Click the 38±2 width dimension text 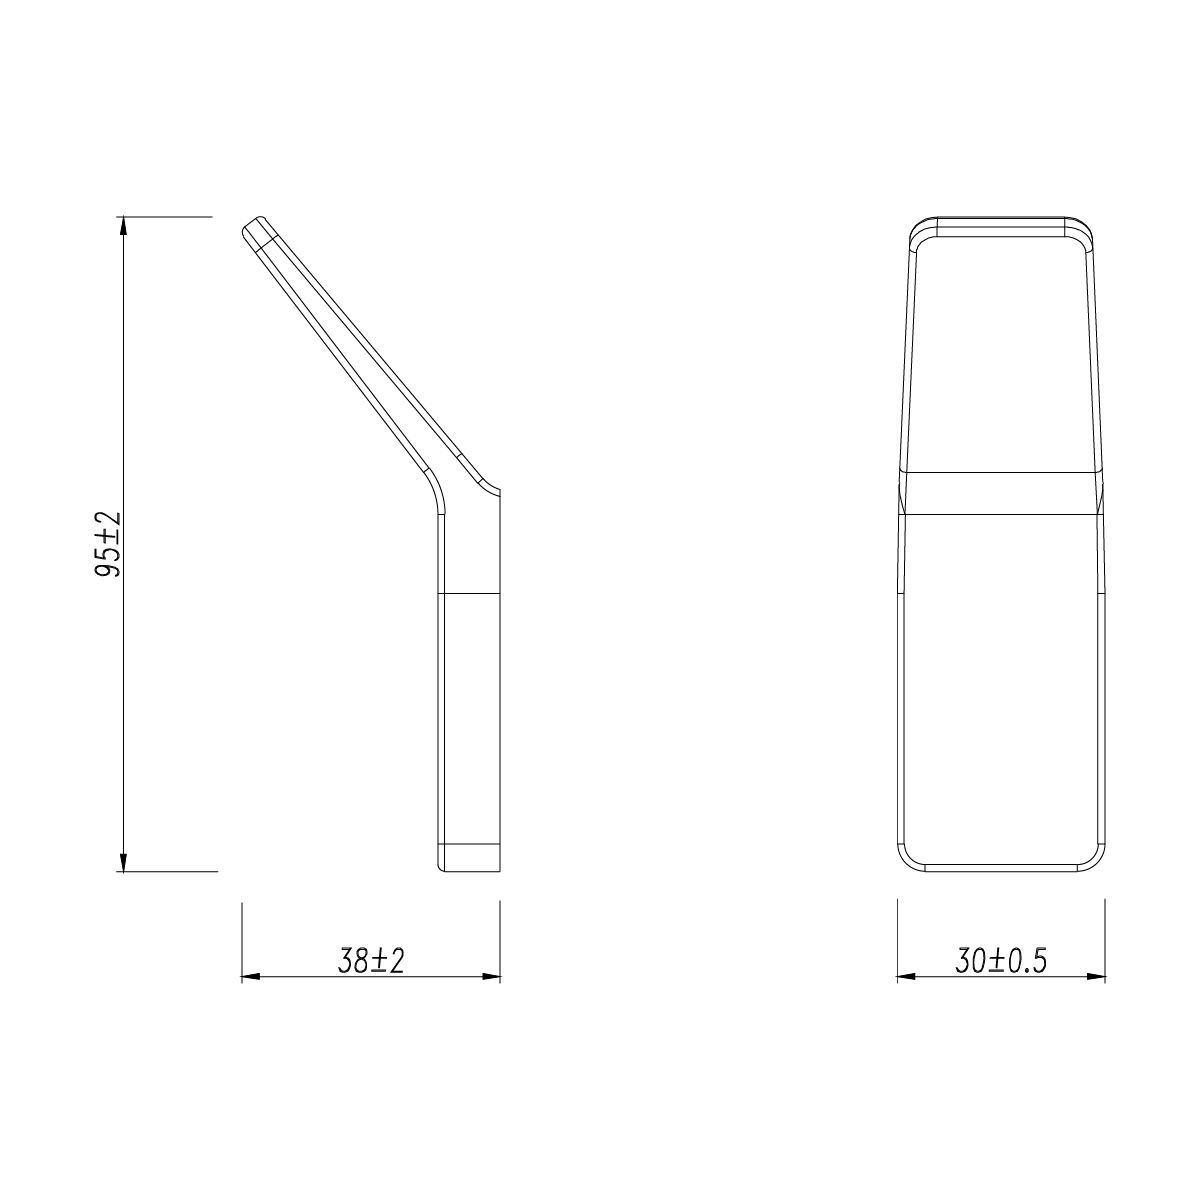tap(371, 961)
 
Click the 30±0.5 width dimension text tap(1001, 961)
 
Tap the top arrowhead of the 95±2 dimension tap(123, 225)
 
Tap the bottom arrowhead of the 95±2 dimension tap(123, 862)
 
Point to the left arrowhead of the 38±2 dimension tap(250, 976)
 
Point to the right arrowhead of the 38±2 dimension tap(491, 976)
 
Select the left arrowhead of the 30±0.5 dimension tap(904, 976)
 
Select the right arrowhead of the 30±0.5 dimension tap(1097, 976)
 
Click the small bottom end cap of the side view tap(469, 858)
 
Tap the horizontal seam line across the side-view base tap(469, 595)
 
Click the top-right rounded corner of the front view tap(1084, 229)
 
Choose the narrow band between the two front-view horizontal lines tap(1000, 491)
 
